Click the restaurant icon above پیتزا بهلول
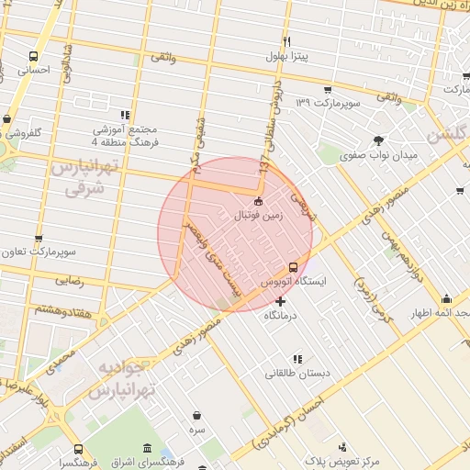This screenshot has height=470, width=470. coord(286,42)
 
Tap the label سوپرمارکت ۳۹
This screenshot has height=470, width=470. coord(329,103)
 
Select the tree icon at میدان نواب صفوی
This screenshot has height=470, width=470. coord(378,140)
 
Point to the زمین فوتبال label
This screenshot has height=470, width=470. coord(261,217)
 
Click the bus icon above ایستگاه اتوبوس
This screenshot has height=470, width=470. coord(293,266)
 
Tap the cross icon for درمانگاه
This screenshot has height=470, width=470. coord(280,301)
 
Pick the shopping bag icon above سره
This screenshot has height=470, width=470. coord(197,414)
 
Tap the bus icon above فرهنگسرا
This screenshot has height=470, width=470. coord(78,450)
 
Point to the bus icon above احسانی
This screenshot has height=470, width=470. coord(33,55)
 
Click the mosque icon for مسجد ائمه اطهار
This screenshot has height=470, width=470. coord(446,298)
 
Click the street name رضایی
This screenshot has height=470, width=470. coord(70,280)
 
